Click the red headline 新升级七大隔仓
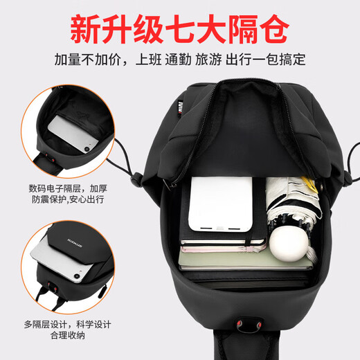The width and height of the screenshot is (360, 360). pyautogui.click(x=179, y=29)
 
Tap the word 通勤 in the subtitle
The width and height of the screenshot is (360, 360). pyautogui.click(x=178, y=60)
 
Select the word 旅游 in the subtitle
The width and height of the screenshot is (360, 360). pyautogui.click(x=208, y=60)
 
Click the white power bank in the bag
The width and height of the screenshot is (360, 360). pyautogui.click(x=220, y=204)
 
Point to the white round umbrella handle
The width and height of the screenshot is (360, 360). pyautogui.click(x=289, y=244)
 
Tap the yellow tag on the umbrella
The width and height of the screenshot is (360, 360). pyautogui.click(x=309, y=184)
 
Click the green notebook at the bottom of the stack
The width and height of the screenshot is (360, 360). pyautogui.click(x=244, y=261)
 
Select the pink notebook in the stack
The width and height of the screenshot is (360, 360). pyautogui.click(x=223, y=249)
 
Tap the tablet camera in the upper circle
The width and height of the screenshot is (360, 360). pyautogui.click(x=87, y=149)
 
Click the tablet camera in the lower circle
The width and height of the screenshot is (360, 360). pyautogui.click(x=77, y=276)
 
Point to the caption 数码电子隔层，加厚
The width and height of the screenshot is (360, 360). pyautogui.click(x=68, y=188)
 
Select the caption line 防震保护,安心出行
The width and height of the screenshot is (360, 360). pyautogui.click(x=68, y=199)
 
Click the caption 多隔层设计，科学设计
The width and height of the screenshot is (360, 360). pyautogui.click(x=68, y=325)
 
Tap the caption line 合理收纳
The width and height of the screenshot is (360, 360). pyautogui.click(x=68, y=335)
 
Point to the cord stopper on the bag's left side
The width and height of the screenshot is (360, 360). pyautogui.click(x=136, y=179)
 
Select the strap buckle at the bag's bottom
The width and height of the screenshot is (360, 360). pyautogui.click(x=249, y=325)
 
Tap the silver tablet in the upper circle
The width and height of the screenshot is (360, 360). pyautogui.click(x=73, y=134)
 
